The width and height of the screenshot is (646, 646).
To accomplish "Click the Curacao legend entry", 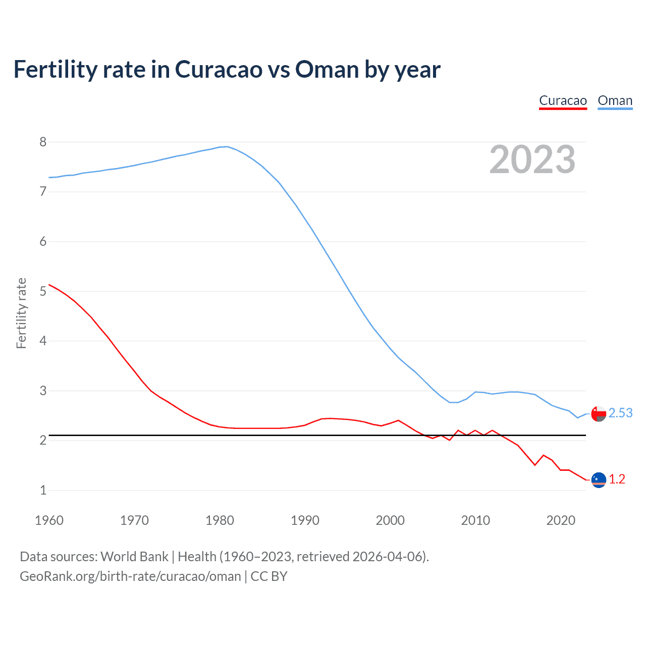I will [563, 101].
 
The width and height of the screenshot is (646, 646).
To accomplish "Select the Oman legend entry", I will [615, 101].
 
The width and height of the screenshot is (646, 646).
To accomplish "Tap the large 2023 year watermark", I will [532, 159].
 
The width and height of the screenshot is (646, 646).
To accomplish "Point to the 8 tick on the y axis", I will [43, 142].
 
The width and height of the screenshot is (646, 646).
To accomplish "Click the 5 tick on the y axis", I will [43, 291].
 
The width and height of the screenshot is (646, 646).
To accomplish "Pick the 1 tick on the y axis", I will [43, 490].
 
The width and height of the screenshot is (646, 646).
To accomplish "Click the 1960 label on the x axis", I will [49, 520].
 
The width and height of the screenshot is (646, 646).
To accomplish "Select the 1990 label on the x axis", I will [305, 520].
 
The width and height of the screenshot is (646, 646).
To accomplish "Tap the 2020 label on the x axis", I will [561, 520].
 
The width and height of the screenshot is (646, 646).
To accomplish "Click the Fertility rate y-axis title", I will [21, 313].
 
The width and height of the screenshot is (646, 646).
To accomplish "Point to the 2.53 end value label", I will [620, 413].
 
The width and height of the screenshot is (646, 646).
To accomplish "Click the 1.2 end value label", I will [617, 479].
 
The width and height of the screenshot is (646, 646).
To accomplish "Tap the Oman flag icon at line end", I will [599, 414].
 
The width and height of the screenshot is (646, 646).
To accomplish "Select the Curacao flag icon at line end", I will [599, 479].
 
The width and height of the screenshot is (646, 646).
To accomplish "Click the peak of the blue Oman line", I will [227, 146].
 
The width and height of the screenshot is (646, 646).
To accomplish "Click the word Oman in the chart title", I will [327, 70].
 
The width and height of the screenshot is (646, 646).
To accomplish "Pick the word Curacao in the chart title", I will [218, 70].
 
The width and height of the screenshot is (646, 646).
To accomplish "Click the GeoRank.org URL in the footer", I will [130, 576].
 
